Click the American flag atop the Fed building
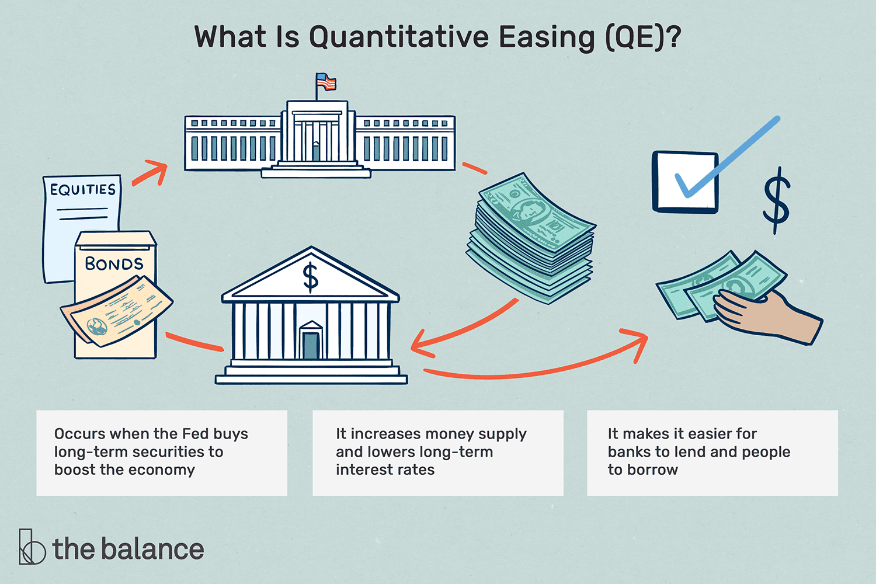pyautogui.click(x=326, y=82)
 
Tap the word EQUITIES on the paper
pyautogui.click(x=82, y=190)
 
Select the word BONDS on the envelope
pyautogui.click(x=114, y=264)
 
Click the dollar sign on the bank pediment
pyautogui.click(x=310, y=277)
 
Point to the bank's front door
pyautogui.click(x=311, y=345)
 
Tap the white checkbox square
pyautogui.click(x=684, y=182)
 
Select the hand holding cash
pyautogui.click(x=765, y=315)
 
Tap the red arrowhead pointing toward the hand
pyautogui.click(x=639, y=342)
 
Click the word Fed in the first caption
pyautogui.click(x=196, y=434)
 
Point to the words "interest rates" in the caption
pyautogui.click(x=385, y=470)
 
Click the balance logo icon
pyautogui.click(x=32, y=547)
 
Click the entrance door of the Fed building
pyautogui.click(x=316, y=151)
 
